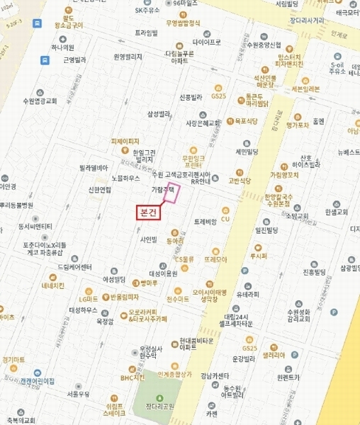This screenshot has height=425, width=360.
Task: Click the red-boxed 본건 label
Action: [x=148, y=212]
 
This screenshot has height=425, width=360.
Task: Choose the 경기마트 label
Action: [x=14, y=361]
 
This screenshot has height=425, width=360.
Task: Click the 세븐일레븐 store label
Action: [x=305, y=89]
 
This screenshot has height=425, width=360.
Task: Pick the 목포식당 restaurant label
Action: [x=245, y=121]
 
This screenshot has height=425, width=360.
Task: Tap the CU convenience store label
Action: [x=226, y=220]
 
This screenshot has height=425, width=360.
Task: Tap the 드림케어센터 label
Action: [x=75, y=267]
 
